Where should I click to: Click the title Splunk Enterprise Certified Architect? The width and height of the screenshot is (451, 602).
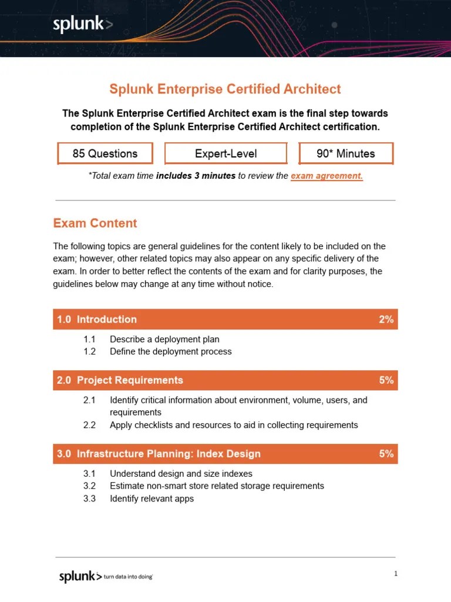225,89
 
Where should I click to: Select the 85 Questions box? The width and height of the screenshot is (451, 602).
105,153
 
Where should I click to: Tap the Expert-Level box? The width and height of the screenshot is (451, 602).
226,153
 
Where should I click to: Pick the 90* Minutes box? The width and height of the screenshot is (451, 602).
345,153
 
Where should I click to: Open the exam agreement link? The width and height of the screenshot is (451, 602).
327,176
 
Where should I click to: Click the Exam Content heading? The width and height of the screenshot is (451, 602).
95,223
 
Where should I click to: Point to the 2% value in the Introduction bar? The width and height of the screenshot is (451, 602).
386,319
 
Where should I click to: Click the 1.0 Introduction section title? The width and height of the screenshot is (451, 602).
97,319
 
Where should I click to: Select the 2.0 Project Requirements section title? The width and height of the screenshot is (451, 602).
120,380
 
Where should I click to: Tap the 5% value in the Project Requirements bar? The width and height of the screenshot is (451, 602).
386,380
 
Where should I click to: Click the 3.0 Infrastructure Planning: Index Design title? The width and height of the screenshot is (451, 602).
159,454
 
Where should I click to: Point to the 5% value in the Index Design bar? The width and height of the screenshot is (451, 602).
386,454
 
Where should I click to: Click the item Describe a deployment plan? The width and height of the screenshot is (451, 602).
164,339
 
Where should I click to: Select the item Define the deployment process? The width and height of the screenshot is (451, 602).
170,352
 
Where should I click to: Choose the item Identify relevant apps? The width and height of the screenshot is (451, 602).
152,499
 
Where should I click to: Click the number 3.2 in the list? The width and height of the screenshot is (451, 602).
89,486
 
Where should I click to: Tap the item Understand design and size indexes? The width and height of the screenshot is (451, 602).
181,473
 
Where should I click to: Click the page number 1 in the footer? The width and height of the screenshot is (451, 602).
396,574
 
